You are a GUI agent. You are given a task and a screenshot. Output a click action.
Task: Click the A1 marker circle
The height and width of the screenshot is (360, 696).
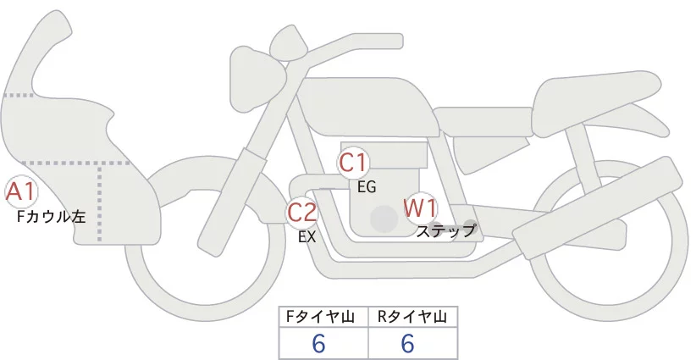click(20, 192)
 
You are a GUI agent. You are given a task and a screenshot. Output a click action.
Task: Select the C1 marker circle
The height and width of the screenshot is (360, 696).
click(353, 163)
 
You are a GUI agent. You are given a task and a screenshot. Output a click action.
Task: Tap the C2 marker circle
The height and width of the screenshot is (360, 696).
click(302, 212)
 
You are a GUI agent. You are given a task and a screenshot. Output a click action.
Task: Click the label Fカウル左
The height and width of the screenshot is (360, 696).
click(52, 217)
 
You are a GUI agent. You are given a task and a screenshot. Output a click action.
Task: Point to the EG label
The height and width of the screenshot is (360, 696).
click(367, 186)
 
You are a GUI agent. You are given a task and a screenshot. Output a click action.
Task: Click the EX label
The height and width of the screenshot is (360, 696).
click(307, 237)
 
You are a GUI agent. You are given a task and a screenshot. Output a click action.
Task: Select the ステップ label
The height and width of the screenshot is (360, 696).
click(446, 230)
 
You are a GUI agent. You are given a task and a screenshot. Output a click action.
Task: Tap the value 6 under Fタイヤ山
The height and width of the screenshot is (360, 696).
click(319, 344)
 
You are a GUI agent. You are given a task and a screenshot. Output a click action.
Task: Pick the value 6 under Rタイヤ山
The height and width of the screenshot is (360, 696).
click(407, 344)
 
